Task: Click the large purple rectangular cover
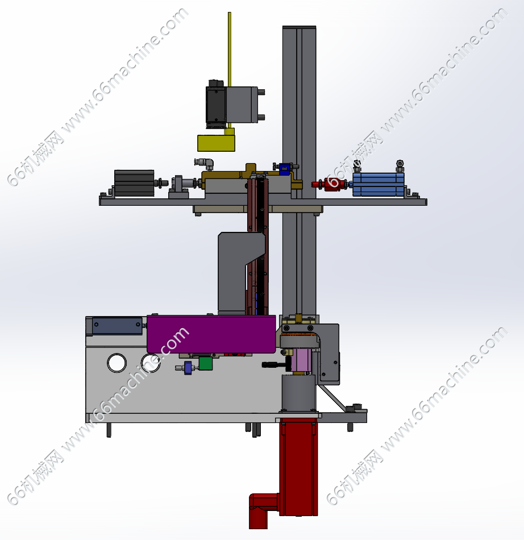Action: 211,334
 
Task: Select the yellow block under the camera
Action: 216,143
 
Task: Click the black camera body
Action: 216,104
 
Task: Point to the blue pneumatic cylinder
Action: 378,185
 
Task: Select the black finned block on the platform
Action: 134,183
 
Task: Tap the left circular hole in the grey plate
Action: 117,363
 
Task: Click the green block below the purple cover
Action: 206,363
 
